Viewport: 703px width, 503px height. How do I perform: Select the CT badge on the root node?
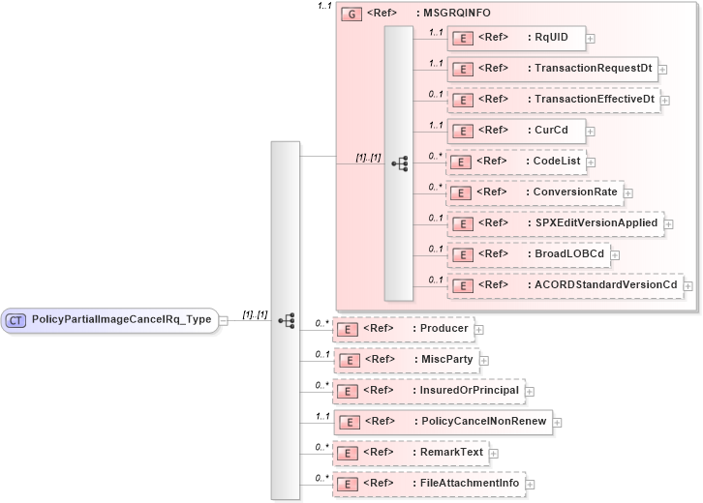16,320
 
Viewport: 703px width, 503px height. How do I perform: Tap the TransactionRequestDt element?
552,69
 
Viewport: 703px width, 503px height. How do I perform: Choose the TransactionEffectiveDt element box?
553,100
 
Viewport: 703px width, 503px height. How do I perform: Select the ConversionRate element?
534,192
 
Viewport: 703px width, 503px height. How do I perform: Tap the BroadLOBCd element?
528,253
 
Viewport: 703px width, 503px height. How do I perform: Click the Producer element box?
403,329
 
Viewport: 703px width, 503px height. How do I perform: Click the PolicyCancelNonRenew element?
442,422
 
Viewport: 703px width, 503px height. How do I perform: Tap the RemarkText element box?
411,452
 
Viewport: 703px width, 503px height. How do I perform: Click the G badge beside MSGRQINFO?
351,15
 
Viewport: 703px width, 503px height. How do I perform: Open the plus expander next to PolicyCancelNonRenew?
557,422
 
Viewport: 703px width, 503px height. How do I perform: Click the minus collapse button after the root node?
225,320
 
